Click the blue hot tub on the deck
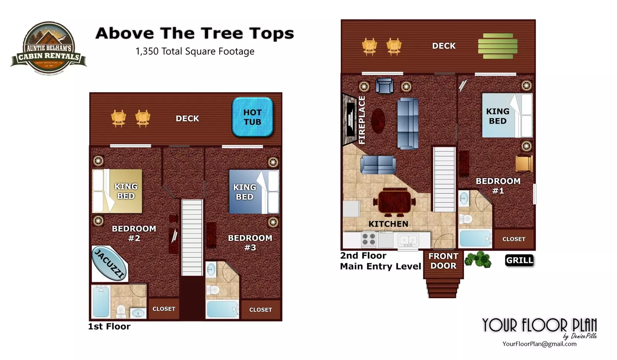click(x=252, y=117)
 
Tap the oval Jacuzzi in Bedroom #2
click(x=109, y=264)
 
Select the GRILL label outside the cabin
click(x=519, y=260)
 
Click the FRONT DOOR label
click(x=443, y=261)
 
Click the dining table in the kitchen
click(x=394, y=202)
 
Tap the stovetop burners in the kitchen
click(x=369, y=240)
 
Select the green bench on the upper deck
click(x=498, y=46)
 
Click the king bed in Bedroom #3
click(x=254, y=192)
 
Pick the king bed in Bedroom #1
click(x=507, y=115)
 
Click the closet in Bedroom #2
click(x=164, y=309)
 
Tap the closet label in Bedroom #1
click(x=514, y=239)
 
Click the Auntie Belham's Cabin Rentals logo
click(x=49, y=48)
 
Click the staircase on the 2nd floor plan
click(x=444, y=179)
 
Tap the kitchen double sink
click(x=408, y=240)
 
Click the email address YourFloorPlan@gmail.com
click(x=539, y=344)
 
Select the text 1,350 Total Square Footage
click(x=195, y=51)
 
